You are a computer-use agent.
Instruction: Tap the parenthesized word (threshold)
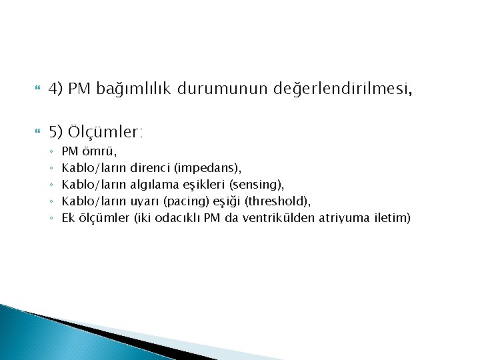pyautogui.click(x=278, y=201)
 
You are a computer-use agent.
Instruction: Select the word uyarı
pyautogui.click(x=144, y=201)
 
